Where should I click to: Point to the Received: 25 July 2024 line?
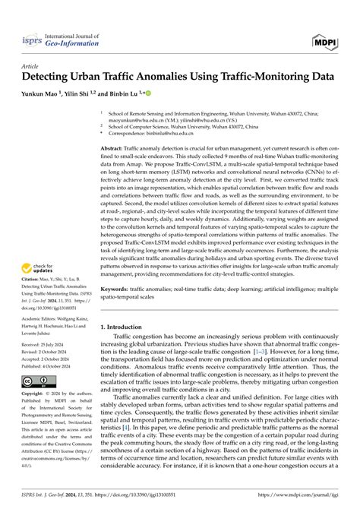click(44, 348)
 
